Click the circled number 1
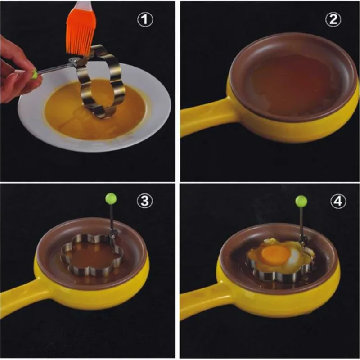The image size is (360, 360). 145,19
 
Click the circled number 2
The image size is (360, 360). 333,19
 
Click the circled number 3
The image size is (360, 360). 144,201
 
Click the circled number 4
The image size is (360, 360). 338,201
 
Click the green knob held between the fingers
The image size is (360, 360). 35,74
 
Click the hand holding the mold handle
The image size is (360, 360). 17,69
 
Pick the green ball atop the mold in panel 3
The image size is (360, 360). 111,199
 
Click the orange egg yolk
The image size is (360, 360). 275,254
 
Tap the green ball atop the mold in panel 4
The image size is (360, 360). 301,201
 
